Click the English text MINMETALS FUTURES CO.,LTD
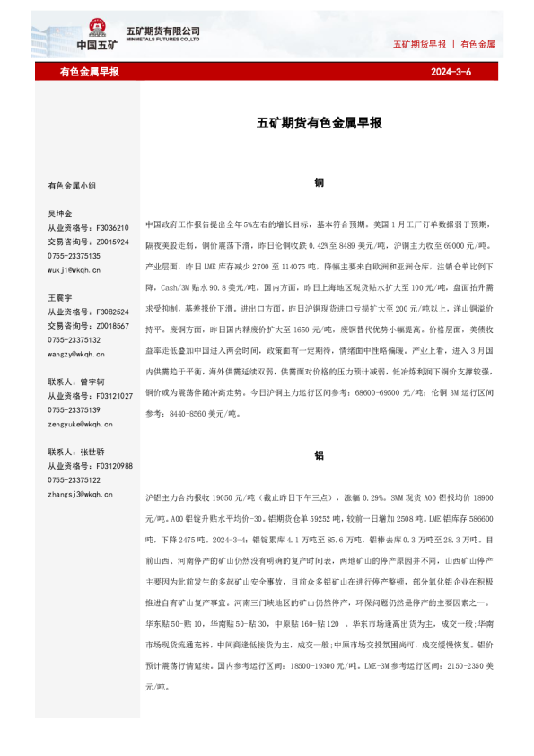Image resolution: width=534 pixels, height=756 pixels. pos(162,40)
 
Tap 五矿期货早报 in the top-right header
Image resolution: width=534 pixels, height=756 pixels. pos(419,44)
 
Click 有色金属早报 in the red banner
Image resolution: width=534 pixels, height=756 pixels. pos(90,72)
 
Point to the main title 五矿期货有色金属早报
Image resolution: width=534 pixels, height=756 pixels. pos(319,123)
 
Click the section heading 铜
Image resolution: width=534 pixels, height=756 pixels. pos(319,181)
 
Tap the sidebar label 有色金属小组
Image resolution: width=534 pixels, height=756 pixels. pos(72,186)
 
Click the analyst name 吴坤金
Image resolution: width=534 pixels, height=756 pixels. pos(60,215)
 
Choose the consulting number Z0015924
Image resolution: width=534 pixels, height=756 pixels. pos(112,242)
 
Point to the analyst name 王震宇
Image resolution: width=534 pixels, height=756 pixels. pos(60,297)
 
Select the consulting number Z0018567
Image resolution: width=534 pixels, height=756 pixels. pos(112,326)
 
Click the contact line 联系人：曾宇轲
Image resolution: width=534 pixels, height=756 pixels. pos(76,382)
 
